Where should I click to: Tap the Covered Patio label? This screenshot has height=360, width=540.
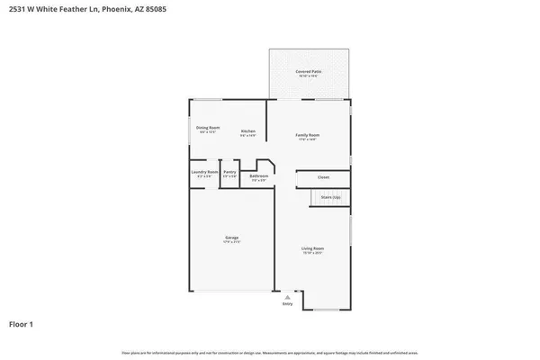point(309,71)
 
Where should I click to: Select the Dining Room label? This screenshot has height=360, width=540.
point(208,128)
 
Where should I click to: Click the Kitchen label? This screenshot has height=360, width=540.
point(247,131)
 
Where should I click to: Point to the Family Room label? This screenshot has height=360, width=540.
point(308,135)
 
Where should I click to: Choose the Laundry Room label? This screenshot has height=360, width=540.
point(204,171)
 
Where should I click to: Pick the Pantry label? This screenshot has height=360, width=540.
point(229,171)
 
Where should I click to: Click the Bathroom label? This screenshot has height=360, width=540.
point(259,176)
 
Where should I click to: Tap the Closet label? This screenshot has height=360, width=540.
point(323,177)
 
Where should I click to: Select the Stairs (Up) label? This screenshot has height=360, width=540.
point(330,196)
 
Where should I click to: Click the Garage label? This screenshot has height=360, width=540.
point(232,238)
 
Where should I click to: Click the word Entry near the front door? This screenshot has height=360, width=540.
point(288,304)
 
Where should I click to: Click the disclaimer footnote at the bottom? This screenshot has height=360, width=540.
point(270,352)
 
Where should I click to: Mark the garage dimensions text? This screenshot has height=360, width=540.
point(232,242)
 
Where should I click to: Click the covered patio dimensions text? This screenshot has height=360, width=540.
point(309,76)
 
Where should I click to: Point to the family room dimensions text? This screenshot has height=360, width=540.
point(308,139)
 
